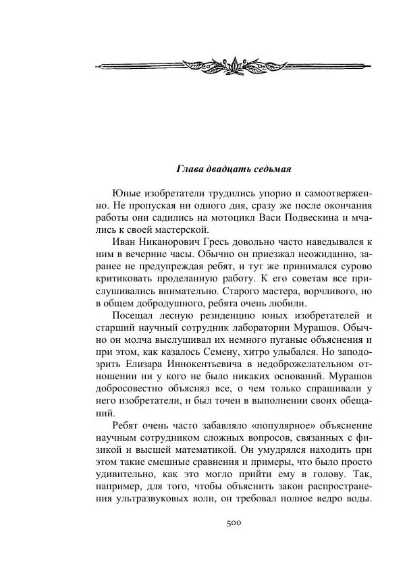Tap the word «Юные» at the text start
click(127, 192)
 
